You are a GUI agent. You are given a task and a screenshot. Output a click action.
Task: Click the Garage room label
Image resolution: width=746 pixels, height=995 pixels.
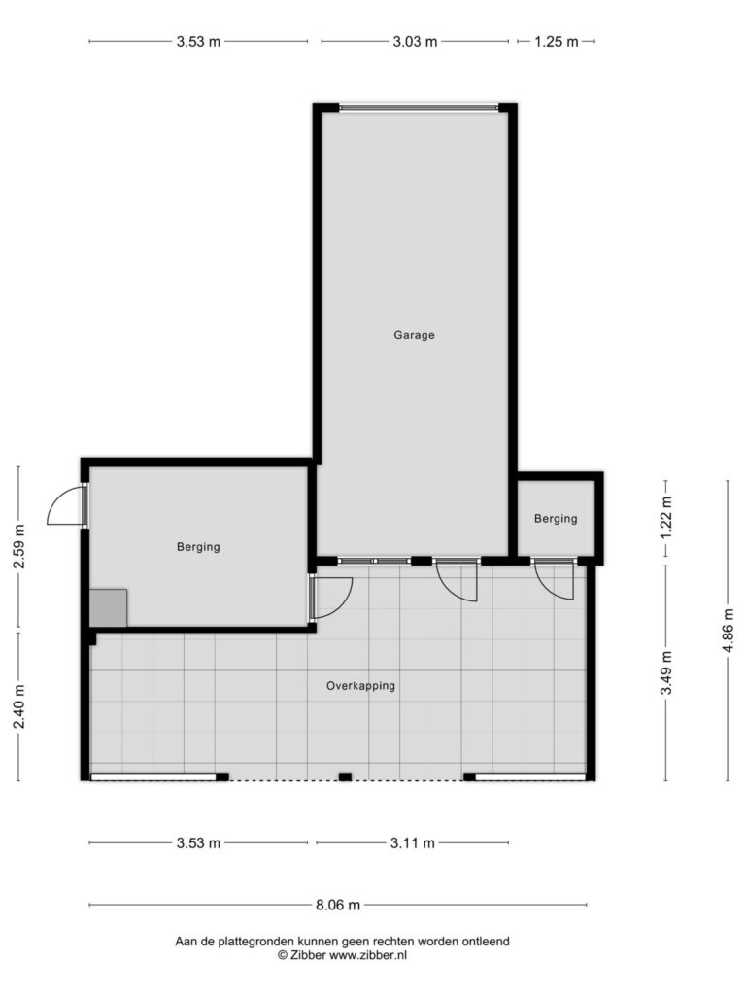[414, 335]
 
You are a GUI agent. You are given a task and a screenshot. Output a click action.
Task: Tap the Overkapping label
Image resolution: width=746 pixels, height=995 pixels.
[360, 686]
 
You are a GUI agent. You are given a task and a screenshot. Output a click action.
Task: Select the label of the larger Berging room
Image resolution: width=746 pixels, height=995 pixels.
[198, 547]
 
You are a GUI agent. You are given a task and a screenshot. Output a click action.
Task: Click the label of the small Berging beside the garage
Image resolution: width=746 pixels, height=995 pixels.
[556, 519]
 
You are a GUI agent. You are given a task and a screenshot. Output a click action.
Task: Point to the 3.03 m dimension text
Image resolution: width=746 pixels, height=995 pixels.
[415, 42]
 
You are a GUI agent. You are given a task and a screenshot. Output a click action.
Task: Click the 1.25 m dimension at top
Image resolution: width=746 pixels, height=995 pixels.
[557, 42]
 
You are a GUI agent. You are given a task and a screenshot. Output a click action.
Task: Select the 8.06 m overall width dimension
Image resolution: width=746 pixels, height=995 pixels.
[338, 905]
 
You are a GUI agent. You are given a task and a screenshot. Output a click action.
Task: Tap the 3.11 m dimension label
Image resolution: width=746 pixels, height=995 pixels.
[412, 843]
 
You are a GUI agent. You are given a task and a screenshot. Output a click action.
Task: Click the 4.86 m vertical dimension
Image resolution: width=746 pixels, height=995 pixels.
[729, 630]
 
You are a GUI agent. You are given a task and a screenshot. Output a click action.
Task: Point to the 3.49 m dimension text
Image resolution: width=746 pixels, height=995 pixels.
[666, 672]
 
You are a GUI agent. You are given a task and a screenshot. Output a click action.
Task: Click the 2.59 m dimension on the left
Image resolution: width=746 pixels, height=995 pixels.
[19, 548]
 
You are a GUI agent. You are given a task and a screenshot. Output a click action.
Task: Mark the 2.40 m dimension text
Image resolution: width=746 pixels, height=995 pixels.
[19, 707]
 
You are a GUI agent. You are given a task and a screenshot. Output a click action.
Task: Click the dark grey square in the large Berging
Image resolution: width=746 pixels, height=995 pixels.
[108, 608]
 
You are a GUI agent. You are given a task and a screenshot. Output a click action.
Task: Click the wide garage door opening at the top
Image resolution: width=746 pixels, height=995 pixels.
[419, 108]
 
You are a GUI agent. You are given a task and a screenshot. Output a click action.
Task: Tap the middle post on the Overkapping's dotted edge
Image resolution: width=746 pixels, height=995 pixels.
[345, 777]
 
